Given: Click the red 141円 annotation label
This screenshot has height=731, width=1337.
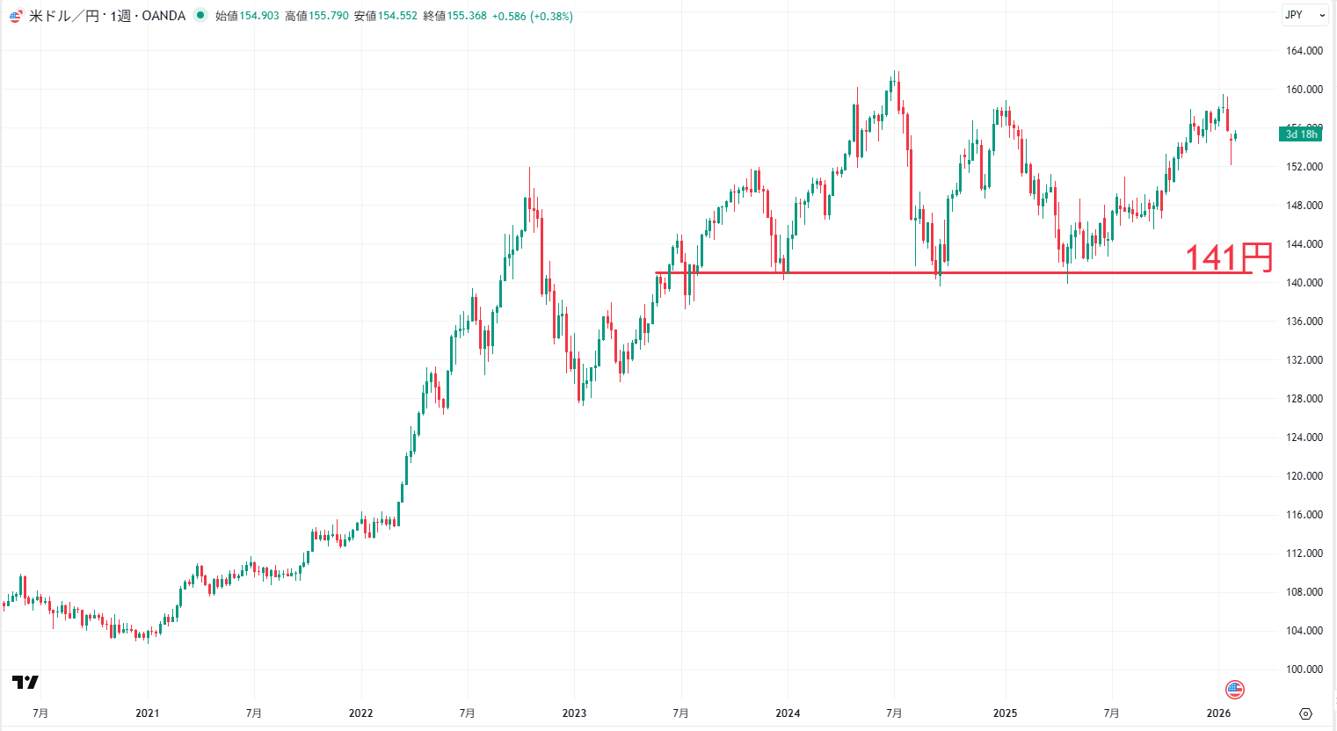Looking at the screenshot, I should click(1229, 257).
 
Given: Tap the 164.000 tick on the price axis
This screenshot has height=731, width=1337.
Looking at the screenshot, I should click(1304, 51).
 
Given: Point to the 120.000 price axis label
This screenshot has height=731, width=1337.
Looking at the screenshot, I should click(1304, 476).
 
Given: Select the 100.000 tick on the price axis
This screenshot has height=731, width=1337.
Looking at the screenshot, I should click(1304, 669).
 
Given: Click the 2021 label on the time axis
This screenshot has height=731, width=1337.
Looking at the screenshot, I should click(148, 713).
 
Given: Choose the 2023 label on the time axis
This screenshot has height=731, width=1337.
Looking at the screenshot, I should click(574, 713).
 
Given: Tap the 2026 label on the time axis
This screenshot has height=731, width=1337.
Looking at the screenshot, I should click(1218, 713).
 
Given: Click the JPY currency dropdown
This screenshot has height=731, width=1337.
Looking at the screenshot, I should click(1304, 15).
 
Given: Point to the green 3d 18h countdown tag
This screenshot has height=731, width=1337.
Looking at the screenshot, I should click(1301, 134).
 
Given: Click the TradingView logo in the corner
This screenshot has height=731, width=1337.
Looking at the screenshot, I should click(25, 683).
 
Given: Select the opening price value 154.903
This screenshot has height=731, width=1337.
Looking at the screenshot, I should click(259, 16).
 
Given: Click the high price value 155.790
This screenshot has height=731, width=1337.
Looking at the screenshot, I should click(329, 16).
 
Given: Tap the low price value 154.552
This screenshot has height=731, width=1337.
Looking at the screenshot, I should click(397, 16).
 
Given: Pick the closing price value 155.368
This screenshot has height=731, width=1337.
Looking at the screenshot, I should click(467, 16).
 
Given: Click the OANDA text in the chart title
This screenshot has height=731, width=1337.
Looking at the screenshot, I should click(163, 16).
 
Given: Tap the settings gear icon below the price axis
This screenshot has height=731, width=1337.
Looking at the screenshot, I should click(1305, 713).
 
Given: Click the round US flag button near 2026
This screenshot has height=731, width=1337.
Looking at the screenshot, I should click(1235, 690).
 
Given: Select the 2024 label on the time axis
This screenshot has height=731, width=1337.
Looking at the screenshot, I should click(788, 713).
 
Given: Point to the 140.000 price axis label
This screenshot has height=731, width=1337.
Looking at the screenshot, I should click(1304, 283).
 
